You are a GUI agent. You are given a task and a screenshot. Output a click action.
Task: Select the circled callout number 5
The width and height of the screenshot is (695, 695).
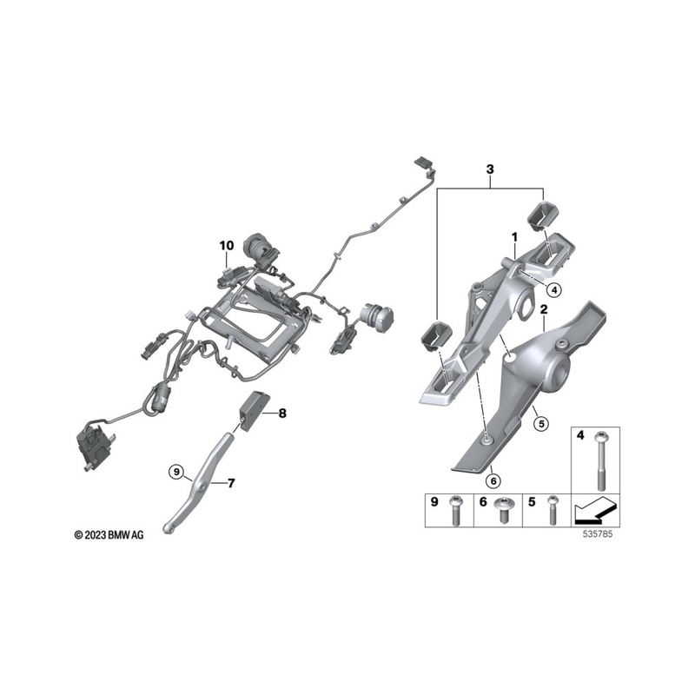[x=540, y=424]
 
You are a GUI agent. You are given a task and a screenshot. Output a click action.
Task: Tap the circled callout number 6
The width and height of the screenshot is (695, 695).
[x=493, y=480]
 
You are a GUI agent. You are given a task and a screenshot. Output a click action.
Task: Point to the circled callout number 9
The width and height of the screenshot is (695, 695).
[x=176, y=472]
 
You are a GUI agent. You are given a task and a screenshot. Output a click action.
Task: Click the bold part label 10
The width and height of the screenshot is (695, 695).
[x=226, y=245]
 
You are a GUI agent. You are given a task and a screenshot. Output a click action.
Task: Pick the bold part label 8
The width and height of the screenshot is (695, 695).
[x=282, y=414]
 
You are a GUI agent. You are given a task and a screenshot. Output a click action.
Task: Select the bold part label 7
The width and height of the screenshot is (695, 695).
[x=231, y=483]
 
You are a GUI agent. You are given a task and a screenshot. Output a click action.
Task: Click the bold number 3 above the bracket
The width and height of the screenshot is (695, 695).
[x=490, y=169]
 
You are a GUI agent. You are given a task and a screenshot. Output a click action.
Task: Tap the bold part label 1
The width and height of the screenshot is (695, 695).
[x=514, y=237]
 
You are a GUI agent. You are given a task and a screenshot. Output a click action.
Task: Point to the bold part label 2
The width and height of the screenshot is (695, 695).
[x=544, y=309]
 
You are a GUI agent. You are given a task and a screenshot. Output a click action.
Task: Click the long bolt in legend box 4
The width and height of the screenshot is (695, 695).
[x=601, y=460]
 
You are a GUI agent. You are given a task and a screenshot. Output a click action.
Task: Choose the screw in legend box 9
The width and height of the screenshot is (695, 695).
[x=455, y=510]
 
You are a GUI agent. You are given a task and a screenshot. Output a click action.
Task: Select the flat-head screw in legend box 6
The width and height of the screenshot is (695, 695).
[x=504, y=509]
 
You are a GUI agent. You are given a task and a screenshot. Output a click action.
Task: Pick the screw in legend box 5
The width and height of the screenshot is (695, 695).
[x=552, y=510]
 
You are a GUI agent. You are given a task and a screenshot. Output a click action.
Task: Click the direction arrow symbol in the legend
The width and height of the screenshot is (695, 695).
[x=595, y=510]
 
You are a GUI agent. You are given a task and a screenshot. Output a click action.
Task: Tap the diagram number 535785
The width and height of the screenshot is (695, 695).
[x=598, y=534]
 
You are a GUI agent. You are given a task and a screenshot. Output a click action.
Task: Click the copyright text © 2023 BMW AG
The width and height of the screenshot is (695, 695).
[x=109, y=535]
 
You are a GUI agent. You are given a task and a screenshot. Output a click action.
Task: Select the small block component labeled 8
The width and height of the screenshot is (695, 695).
[x=254, y=411]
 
